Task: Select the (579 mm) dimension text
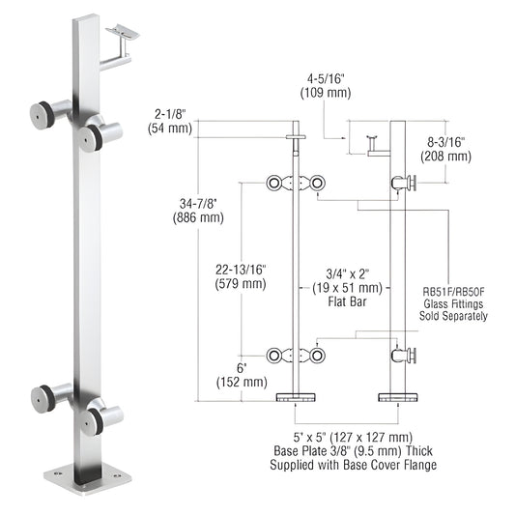tap(238, 285)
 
